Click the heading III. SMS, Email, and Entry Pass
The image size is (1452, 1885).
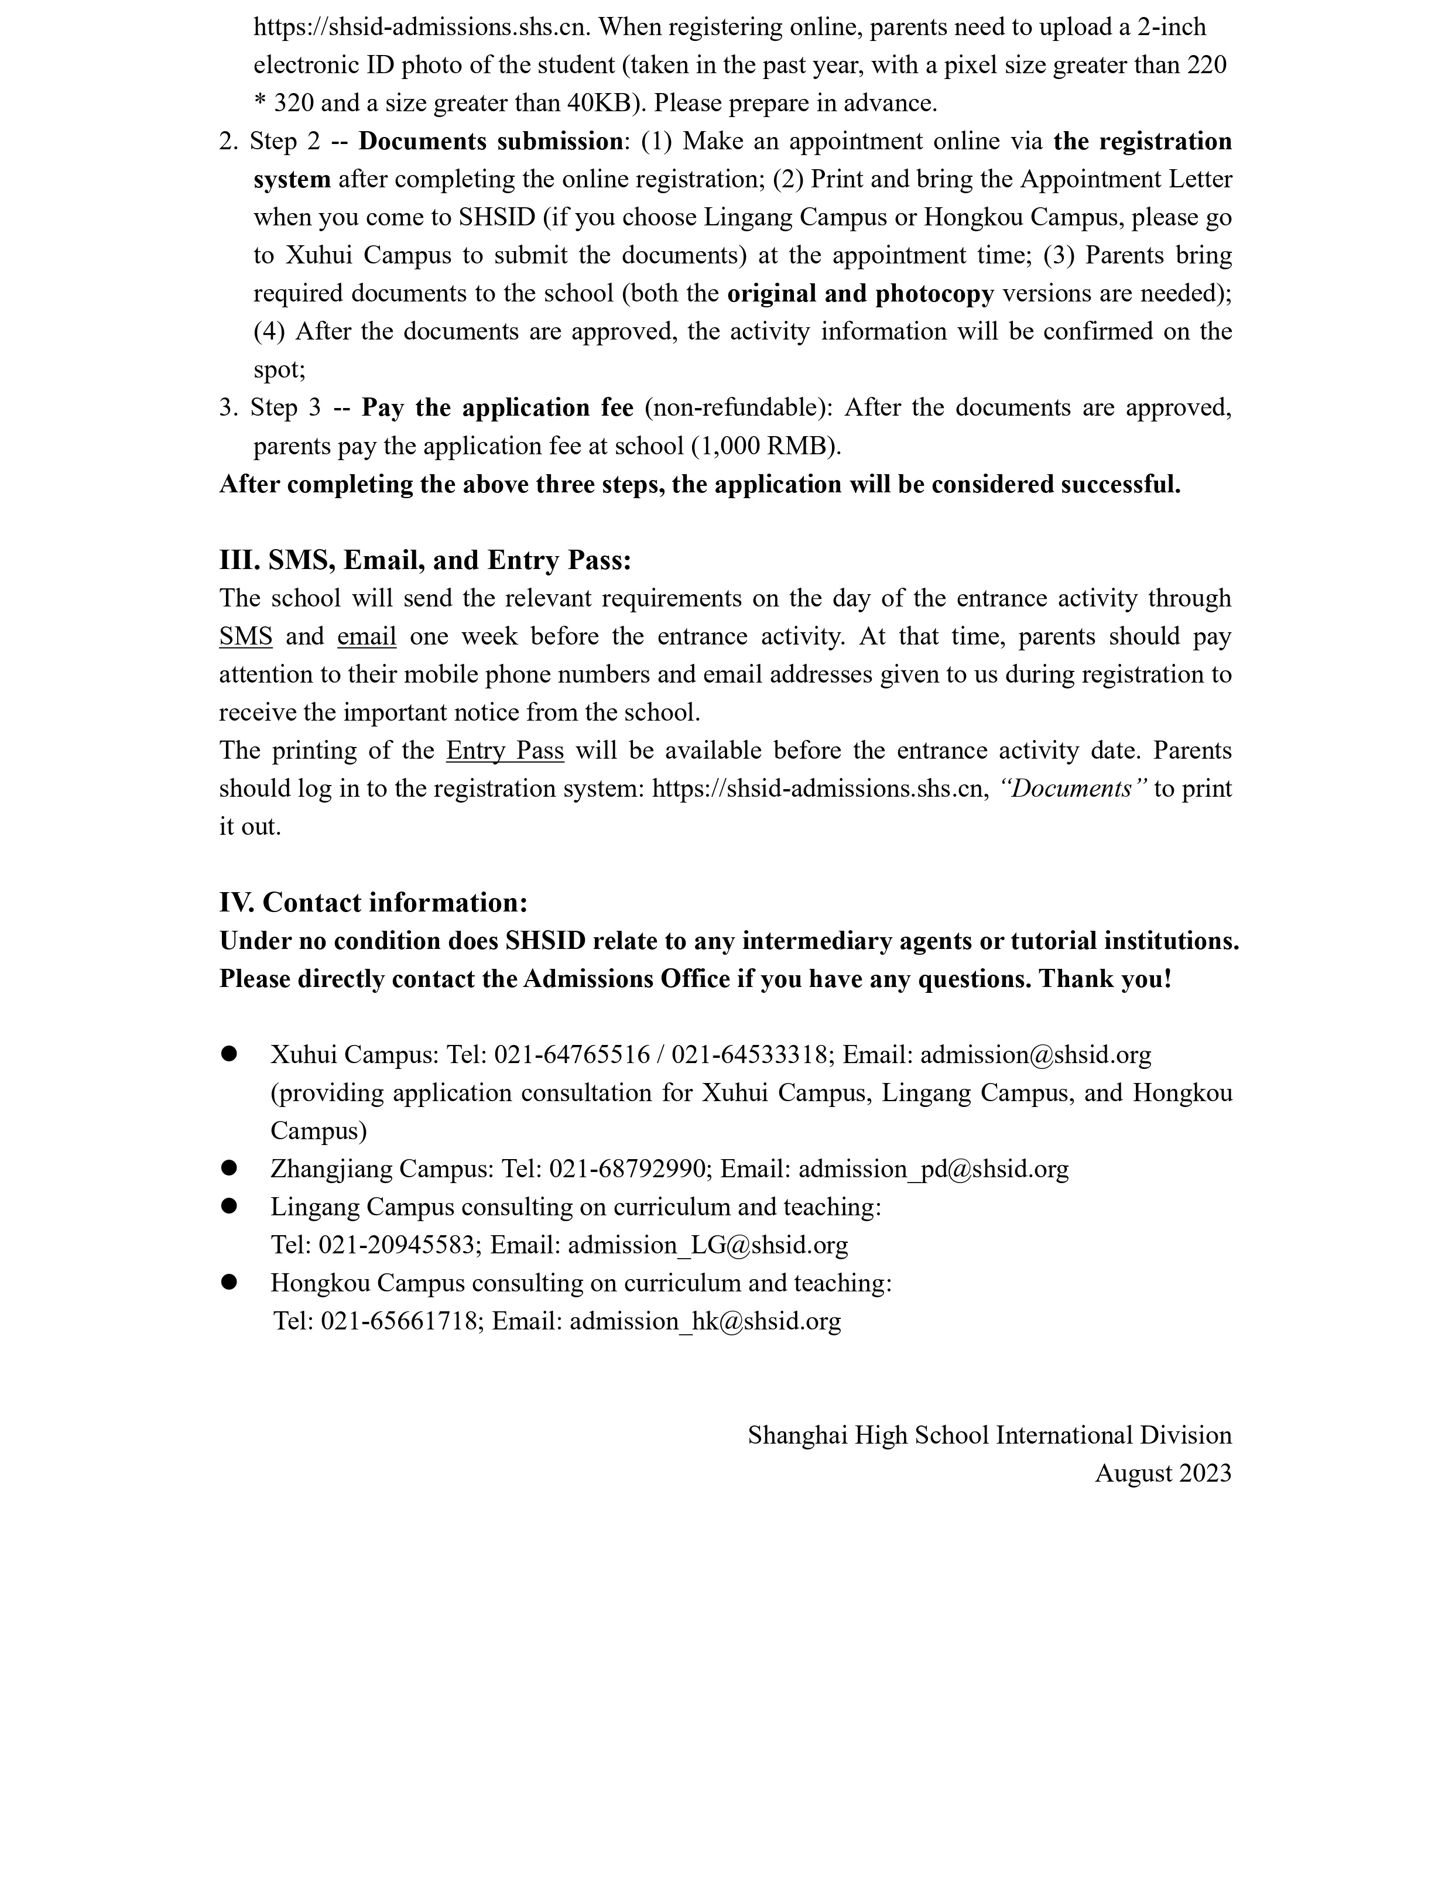pyautogui.click(x=424, y=560)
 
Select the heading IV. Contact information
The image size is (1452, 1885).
pyautogui.click(x=373, y=902)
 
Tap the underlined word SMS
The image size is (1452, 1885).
pyautogui.click(x=245, y=636)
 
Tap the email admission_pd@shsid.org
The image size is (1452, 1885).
pyautogui.click(x=933, y=1168)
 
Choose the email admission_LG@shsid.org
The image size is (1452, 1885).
pyautogui.click(x=708, y=1244)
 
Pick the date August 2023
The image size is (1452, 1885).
pyautogui.click(x=1162, y=1472)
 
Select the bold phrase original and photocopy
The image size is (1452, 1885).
pyautogui.click(x=860, y=293)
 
